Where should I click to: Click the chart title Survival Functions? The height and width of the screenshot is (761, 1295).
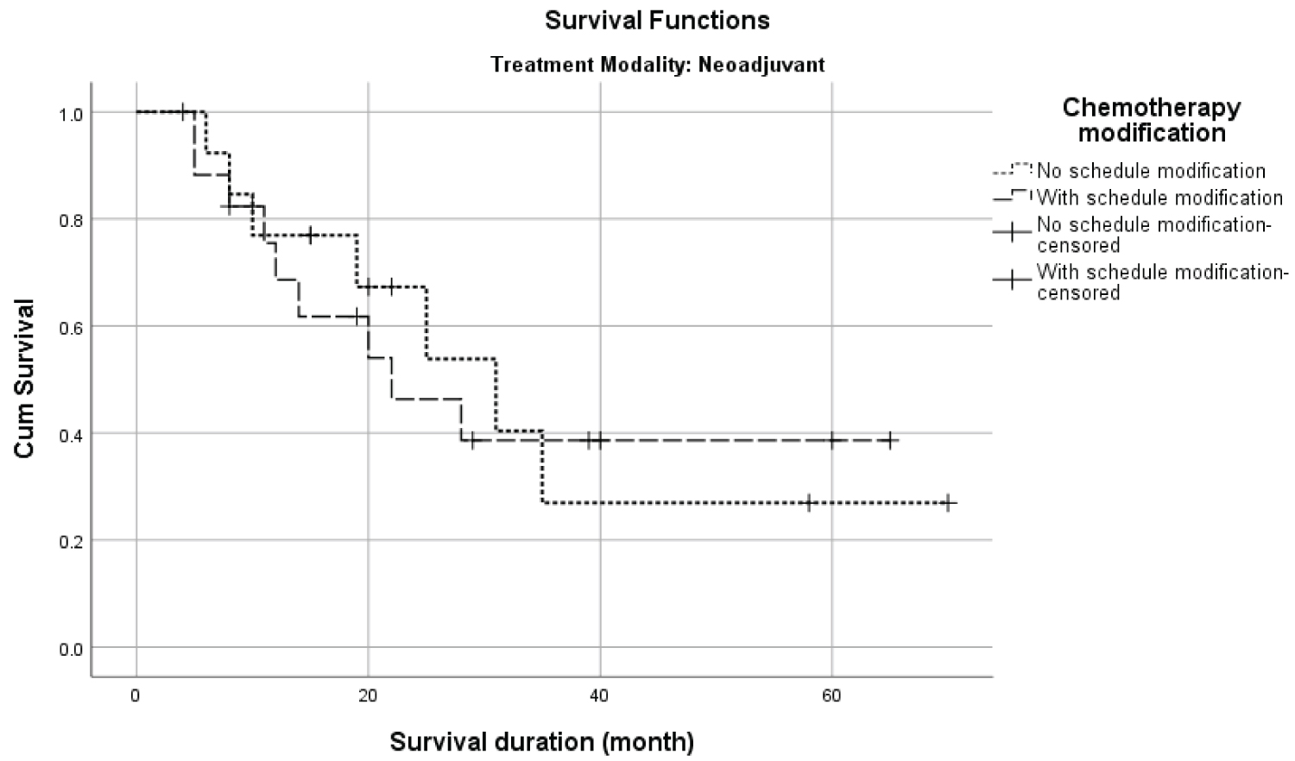[657, 21]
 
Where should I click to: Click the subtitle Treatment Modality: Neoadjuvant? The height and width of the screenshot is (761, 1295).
[658, 65]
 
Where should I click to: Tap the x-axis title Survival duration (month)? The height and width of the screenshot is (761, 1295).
[541, 741]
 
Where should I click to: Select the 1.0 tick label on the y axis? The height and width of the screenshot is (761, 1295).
[71, 113]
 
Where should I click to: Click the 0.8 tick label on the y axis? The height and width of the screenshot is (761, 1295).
[71, 220]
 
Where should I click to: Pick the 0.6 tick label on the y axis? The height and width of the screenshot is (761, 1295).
[71, 327]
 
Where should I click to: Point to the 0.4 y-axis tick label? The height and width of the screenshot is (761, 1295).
[71, 434]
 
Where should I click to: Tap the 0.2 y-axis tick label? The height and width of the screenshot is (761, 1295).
[71, 541]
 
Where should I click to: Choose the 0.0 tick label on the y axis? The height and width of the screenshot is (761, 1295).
[71, 648]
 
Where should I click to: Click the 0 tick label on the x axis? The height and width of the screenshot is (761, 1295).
[136, 695]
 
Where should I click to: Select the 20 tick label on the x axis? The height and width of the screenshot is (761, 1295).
[368, 695]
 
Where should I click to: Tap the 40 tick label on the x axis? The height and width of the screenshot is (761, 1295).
[600, 695]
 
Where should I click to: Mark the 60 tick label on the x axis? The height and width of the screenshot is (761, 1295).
[831, 695]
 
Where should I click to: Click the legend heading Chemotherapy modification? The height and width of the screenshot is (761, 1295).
[1151, 120]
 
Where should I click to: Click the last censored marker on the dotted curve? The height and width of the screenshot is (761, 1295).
[948, 502]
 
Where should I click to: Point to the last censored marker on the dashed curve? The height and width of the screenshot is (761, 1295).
[889, 440]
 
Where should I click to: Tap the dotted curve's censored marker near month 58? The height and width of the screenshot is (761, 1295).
[809, 502]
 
